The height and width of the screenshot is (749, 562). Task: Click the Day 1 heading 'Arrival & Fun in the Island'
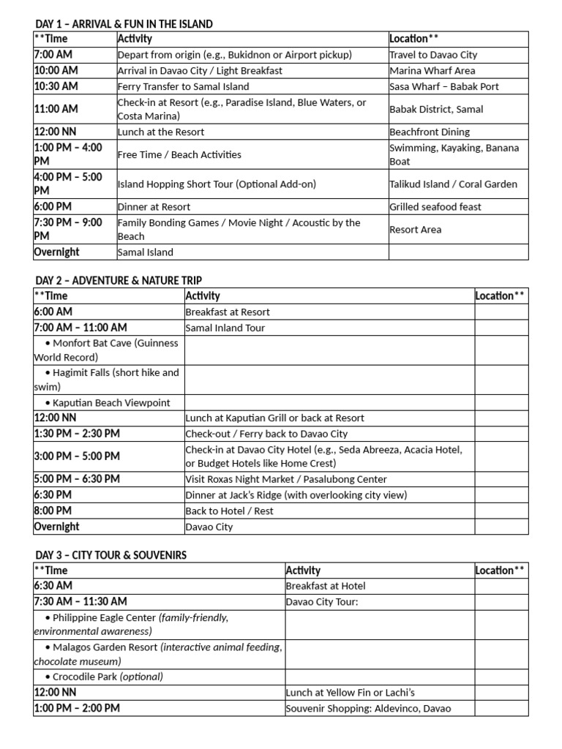tap(124, 24)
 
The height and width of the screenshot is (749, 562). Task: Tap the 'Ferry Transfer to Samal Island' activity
tap(183, 86)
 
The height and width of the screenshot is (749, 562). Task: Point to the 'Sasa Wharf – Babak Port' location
tap(443, 86)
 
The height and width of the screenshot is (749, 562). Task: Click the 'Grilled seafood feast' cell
tap(435, 207)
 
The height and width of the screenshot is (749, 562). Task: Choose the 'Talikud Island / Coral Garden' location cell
tap(453, 184)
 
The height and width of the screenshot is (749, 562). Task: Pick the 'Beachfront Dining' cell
tap(430, 132)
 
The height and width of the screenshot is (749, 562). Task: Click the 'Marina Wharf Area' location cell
tap(432, 71)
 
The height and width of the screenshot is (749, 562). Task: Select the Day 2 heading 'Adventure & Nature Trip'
tap(119, 280)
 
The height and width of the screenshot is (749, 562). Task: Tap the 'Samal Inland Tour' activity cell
tap(225, 328)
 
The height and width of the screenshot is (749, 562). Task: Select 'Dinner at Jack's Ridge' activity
tap(296, 495)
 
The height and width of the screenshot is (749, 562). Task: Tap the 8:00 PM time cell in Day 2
tap(53, 511)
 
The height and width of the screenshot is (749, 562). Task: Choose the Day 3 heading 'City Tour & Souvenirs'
tap(110, 555)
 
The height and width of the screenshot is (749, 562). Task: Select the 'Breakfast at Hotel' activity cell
tap(326, 586)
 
